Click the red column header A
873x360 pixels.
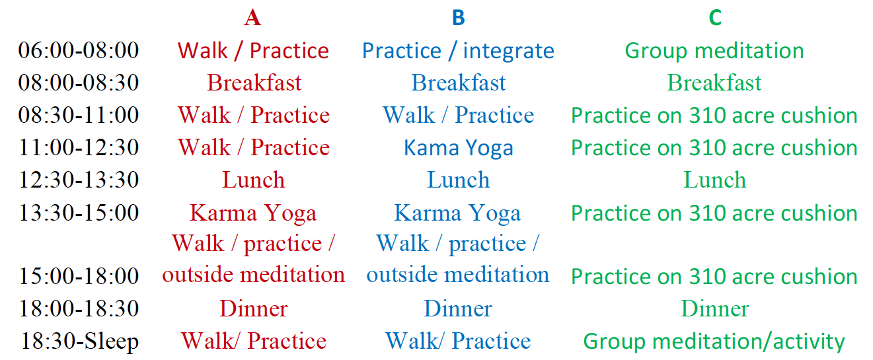tap(252, 18)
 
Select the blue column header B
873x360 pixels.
tap(459, 18)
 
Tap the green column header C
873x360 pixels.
tap(715, 18)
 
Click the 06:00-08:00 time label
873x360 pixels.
tap(79, 50)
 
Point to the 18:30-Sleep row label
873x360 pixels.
tap(79, 342)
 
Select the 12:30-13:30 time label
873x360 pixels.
tap(79, 180)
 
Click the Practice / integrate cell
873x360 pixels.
tap(458, 52)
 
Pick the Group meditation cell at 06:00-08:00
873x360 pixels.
tap(714, 52)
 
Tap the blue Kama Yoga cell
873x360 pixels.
tap(459, 149)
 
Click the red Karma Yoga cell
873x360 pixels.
tap(253, 213)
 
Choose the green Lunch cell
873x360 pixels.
tap(715, 180)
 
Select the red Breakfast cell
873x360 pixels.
tap(254, 83)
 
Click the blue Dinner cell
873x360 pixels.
tap(458, 308)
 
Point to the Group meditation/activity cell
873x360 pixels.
tap(714, 342)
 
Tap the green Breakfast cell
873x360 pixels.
tap(714, 83)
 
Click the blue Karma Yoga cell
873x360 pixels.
tap(457, 213)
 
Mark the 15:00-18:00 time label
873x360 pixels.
tap(79, 276)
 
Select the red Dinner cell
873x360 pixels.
tap(254, 308)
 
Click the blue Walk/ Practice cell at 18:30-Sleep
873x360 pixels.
tap(458, 341)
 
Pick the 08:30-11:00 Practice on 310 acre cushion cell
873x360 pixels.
tap(714, 116)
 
